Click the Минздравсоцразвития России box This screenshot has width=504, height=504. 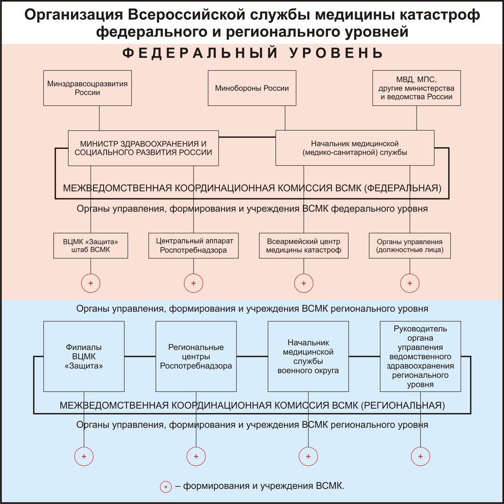coord(87,88)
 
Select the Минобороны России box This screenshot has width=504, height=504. coord(252,88)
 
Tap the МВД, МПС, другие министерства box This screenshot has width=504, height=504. coord(417,88)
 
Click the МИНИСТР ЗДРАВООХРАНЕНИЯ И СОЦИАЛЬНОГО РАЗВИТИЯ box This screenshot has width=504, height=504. coord(143,148)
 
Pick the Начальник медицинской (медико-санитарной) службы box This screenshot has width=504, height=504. coord(355,148)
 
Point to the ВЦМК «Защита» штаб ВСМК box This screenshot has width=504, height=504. coord(91,245)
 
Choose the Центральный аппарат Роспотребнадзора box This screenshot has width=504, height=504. coord(194,245)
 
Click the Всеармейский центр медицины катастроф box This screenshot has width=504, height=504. coord(304,245)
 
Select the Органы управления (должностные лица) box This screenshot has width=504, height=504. coord(410,245)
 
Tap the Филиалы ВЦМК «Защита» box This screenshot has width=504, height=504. coord(84,357)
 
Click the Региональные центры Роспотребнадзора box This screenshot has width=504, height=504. coord(196,357)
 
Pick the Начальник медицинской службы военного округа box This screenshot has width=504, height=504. coord(308,357)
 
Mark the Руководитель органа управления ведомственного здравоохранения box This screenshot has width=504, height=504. coord(420,357)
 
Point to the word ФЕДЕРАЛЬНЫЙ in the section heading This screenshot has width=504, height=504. coord(200,53)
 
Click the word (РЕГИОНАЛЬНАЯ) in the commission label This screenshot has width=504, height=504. coord(403,406)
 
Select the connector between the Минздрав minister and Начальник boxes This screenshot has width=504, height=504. coord(247,137)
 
